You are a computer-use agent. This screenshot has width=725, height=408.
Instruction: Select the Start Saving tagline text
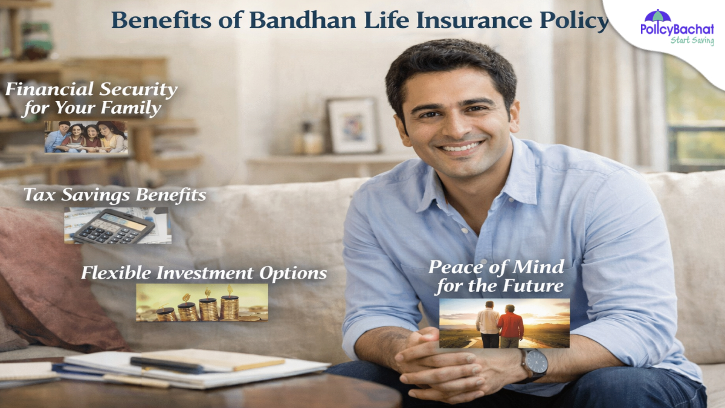[692, 40]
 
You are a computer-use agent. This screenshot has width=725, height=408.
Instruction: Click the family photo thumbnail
[86, 137]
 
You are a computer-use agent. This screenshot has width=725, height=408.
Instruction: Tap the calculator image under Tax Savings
[118, 225]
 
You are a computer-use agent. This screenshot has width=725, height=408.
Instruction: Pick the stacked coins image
[201, 303]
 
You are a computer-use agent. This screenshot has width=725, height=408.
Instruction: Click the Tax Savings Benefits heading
[115, 195]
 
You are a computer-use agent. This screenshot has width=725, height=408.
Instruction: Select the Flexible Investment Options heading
[204, 273]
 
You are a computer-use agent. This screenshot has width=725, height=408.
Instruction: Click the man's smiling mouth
[462, 147]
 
